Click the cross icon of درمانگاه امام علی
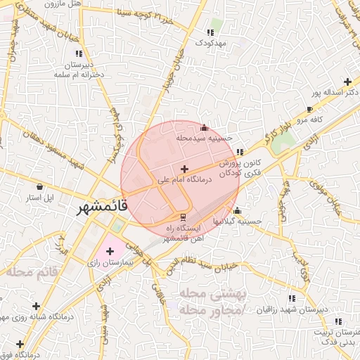[x=184, y=169]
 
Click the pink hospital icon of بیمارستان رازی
[x=110, y=251]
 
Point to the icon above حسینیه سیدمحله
[x=205, y=128]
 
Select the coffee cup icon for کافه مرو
[x=309, y=109]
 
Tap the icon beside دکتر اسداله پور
[x=349, y=82]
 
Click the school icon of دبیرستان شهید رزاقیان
[x=292, y=298]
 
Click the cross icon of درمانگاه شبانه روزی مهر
[x=35, y=307]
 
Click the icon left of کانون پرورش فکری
[x=240, y=152]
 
